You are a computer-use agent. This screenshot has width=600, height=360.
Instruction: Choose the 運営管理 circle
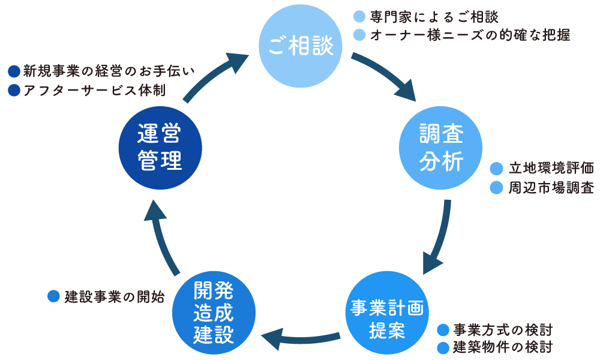(x=160, y=147)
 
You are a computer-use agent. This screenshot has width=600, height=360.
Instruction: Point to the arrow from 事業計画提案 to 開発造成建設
(x=300, y=340)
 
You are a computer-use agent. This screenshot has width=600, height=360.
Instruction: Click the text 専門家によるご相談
(x=434, y=16)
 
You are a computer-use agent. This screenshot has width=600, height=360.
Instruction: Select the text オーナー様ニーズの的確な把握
(x=470, y=35)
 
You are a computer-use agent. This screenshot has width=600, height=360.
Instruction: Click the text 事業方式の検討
(x=502, y=329)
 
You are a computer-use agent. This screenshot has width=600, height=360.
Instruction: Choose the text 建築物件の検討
(x=502, y=347)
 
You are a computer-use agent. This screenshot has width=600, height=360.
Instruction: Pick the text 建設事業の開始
(x=114, y=296)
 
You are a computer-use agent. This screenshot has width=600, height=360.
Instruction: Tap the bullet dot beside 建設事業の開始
(x=53, y=296)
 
